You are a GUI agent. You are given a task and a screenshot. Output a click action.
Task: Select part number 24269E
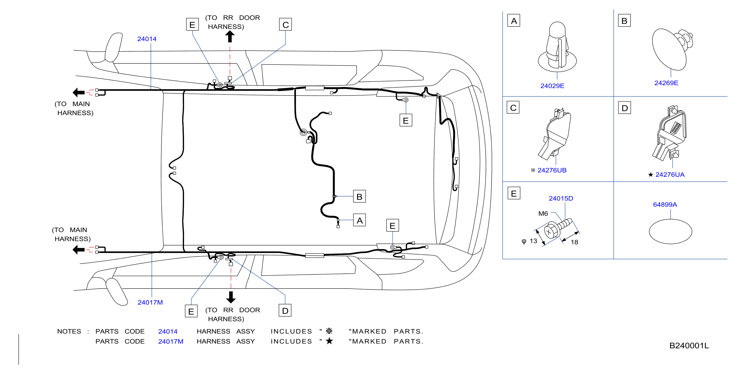click(x=666, y=83)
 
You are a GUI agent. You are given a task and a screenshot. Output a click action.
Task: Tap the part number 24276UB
click(x=552, y=170)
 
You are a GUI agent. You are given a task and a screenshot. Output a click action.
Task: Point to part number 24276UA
click(x=670, y=175)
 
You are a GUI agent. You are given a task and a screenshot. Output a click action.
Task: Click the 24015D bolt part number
click(x=561, y=198)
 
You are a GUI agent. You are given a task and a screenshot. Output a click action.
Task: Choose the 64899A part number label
click(x=665, y=205)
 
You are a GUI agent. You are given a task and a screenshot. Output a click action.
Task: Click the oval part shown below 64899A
click(x=670, y=232)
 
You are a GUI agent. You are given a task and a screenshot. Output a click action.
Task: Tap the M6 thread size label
click(x=543, y=214)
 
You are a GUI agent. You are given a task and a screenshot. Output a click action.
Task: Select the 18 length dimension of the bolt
click(x=574, y=242)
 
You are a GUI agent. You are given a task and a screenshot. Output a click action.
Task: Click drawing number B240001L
click(x=689, y=346)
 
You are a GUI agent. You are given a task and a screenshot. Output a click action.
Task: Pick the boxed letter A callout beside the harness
click(x=360, y=220)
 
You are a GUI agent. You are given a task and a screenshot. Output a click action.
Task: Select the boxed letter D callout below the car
click(x=285, y=310)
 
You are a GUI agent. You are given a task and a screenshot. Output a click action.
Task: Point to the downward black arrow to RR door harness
click(x=231, y=297)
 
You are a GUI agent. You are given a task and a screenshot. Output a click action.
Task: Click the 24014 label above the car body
click(x=147, y=39)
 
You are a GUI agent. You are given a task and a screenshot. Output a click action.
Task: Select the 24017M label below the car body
click(x=150, y=302)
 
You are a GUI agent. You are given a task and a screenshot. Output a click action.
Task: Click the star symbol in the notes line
click(x=329, y=341)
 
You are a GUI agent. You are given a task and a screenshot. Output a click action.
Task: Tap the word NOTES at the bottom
click(x=69, y=331)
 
